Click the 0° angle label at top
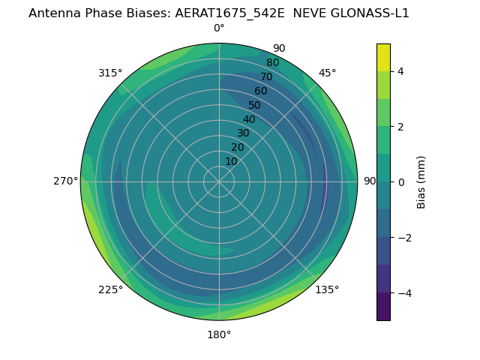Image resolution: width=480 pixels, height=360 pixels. [219, 28]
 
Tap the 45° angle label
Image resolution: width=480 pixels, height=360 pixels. [327, 73]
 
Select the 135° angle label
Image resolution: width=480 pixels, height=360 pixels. [327, 289]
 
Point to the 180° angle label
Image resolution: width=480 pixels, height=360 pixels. [219, 334]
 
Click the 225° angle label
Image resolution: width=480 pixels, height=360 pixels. [110, 289]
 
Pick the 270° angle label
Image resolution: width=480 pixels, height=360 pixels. [66, 181]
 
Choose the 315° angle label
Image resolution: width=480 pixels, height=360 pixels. [110, 73]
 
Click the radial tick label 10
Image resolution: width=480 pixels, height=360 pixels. [231, 161]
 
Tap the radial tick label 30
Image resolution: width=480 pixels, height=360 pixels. [243, 133]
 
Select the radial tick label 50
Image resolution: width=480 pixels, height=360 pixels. [255, 105]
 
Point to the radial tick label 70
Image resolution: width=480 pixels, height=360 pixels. [266, 76]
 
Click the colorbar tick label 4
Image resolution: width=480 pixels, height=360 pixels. [401, 71]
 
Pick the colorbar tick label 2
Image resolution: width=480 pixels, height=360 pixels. [401, 127]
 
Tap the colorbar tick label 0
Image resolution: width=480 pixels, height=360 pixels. [401, 182]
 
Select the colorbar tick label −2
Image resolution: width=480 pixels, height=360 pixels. [403, 238]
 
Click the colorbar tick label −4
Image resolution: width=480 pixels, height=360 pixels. [403, 293]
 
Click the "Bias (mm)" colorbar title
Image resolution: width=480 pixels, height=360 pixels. [421, 181]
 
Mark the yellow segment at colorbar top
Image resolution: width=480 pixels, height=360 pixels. [383, 57]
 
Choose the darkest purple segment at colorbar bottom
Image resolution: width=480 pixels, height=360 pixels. [383, 307]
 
